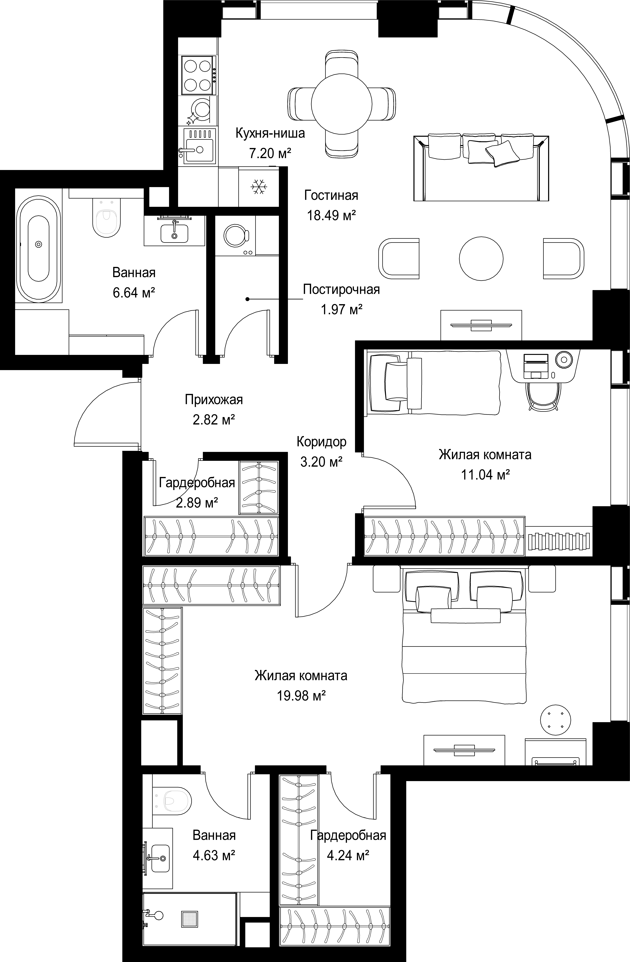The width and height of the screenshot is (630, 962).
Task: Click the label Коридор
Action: (x=322, y=441)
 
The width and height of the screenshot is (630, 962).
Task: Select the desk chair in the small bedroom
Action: (x=544, y=396)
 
